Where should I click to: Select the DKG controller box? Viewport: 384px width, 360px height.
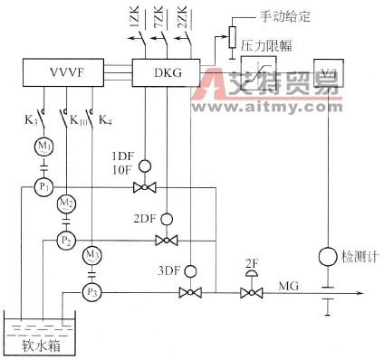pos(166,70)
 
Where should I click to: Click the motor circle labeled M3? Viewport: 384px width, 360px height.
pos(91,255)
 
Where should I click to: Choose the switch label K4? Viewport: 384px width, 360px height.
pos(107,117)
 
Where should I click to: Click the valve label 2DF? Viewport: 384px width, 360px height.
pos(144,220)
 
